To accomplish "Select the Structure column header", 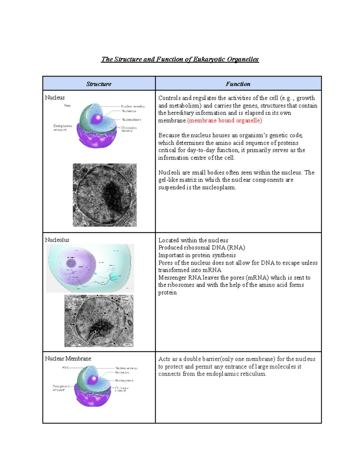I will pos(99,84).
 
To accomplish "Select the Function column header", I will pos(238,84).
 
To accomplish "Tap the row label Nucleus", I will pos(55,98).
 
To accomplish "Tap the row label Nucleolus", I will pos(57,240).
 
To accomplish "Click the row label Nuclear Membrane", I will pos(68,359).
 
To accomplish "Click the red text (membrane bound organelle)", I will pos(225,121).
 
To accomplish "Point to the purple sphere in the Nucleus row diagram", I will pos(97,119).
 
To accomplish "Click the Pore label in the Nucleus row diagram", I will pos(67,106).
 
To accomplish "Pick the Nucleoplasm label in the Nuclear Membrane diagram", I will pos(124,380).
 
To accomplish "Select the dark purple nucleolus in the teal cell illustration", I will pos(71,263).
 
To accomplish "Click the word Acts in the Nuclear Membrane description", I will pos(164,359).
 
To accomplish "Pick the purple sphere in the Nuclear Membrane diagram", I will pos(93,380).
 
